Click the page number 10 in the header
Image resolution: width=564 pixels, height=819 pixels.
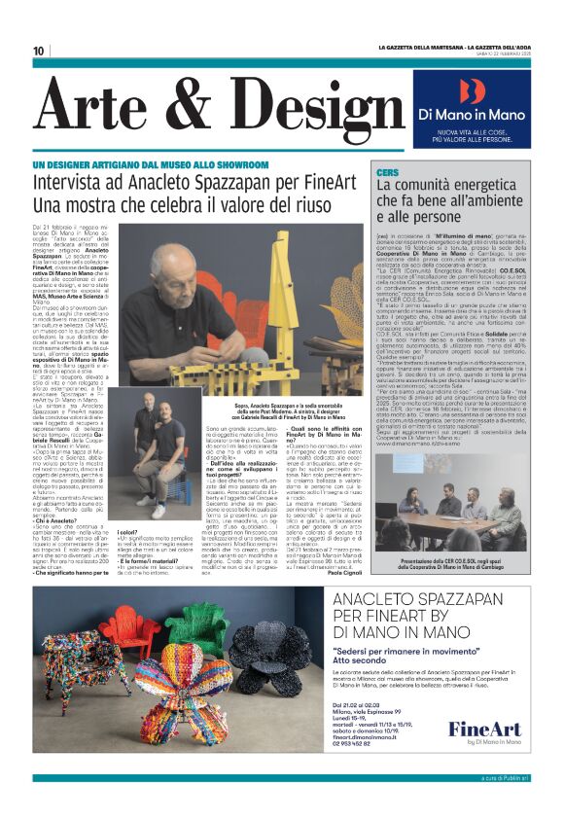click(x=39, y=51)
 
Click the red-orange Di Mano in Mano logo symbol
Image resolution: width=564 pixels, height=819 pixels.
click(x=471, y=90)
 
